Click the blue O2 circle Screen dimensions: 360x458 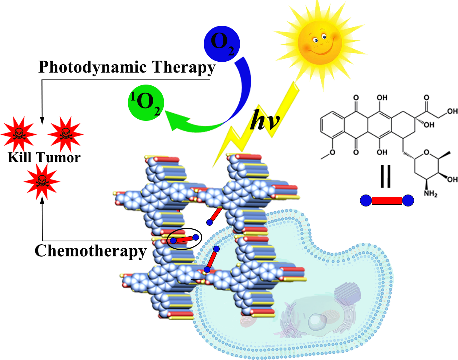(222, 44)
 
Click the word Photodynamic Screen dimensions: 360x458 (93, 67)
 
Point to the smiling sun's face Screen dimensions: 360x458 (320, 42)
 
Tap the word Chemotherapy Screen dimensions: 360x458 (90, 251)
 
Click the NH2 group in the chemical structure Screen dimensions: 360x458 (430, 193)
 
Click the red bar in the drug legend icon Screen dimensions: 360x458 (387, 200)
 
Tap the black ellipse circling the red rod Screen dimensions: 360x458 (185, 239)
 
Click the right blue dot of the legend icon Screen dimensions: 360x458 (408, 200)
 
